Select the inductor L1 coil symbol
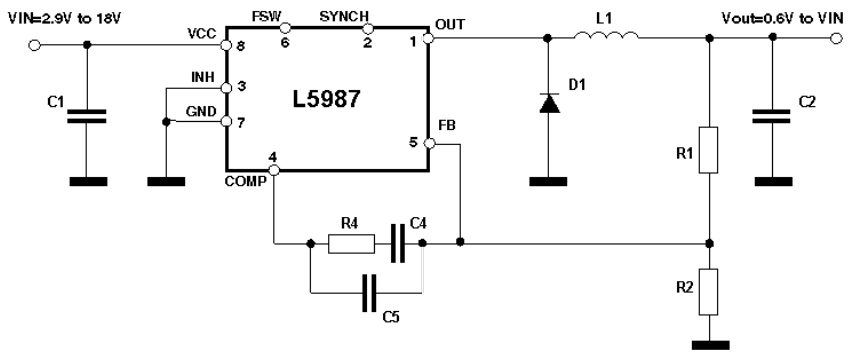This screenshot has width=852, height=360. tap(603, 40)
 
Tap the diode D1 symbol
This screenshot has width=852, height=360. tap(548, 102)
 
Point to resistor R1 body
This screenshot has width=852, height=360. tap(709, 150)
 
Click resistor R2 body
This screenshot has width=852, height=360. tap(709, 290)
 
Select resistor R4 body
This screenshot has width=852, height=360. tap(351, 243)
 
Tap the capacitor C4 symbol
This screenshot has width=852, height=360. tap(398, 243)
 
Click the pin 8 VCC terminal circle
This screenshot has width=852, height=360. tap(226, 46)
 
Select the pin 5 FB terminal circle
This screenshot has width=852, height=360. tap(429, 145)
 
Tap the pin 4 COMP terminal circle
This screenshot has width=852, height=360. tap(273, 170)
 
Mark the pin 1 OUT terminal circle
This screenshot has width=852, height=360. tap(429, 40)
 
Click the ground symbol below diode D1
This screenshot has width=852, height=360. tap(548, 182)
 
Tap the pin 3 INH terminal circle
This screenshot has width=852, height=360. tap(226, 88)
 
